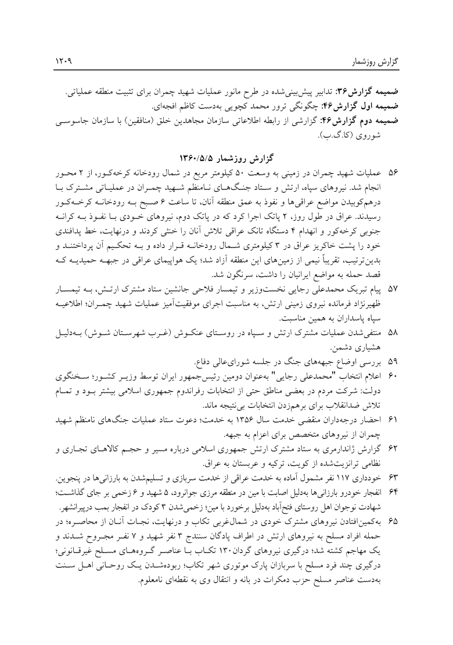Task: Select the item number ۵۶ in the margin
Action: click(x=396, y=172)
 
